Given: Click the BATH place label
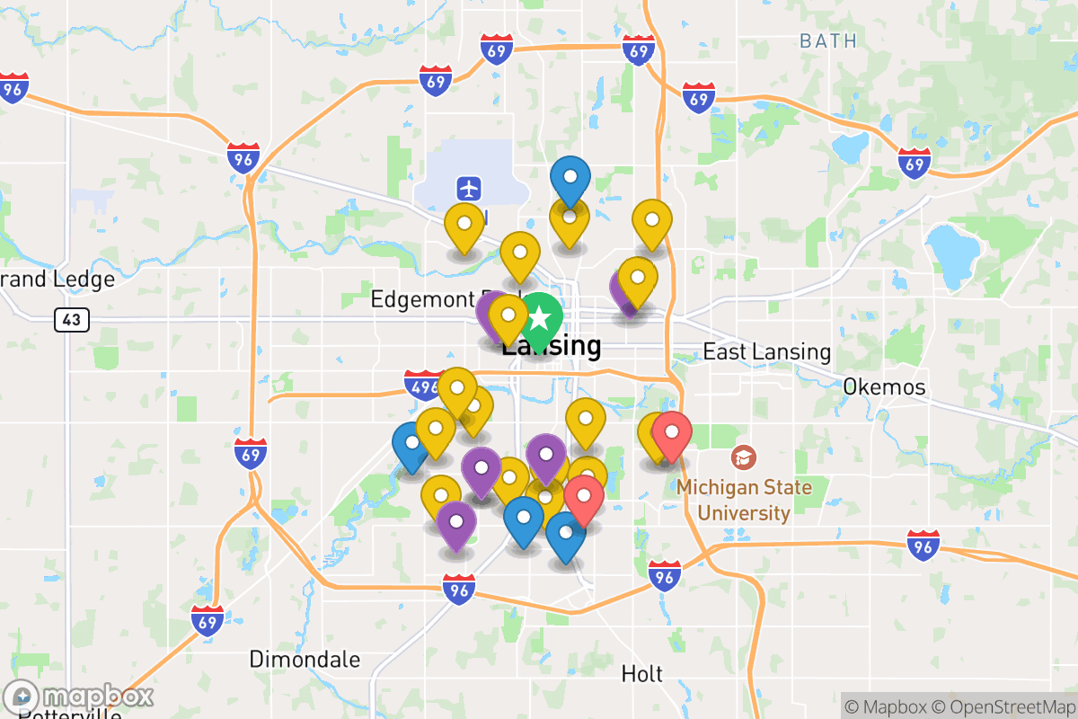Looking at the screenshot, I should coord(827,40).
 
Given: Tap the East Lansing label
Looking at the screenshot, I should coord(766,351).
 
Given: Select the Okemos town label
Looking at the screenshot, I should coord(884,386).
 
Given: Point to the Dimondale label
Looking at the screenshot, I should coord(305,660).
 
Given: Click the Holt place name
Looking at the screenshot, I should coord(641,673).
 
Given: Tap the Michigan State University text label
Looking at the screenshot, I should coord(743,501).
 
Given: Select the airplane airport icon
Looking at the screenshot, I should coord(468,189).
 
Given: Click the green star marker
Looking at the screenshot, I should coord(539,318).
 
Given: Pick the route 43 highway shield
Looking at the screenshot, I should coord(71,319).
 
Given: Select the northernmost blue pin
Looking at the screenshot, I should coord(570,178).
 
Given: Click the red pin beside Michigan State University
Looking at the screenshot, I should coord(671,434).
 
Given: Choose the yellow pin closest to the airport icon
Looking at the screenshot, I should coord(464,226).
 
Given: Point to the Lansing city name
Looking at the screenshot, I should coord(551,345).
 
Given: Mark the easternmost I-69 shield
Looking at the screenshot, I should coord(914,164).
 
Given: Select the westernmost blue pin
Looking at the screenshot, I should coord(411,444).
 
